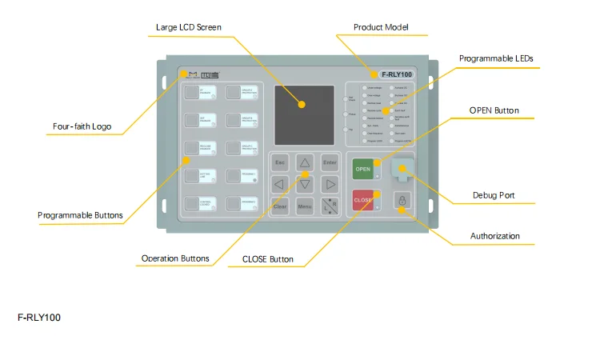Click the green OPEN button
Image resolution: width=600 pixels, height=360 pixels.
point(363,170)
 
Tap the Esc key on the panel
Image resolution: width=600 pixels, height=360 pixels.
point(280,162)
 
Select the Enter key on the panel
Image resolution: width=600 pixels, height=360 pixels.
point(330,162)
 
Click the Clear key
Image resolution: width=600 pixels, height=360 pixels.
point(280,206)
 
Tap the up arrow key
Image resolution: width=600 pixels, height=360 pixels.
point(305,162)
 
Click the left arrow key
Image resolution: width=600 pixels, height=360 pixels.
point(280,185)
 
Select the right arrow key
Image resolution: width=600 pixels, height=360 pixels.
point(330,185)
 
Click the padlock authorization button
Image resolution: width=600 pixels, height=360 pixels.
point(403,200)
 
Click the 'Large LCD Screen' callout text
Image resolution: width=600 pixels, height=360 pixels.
point(189,27)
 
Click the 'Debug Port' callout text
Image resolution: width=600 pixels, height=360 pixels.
point(496,196)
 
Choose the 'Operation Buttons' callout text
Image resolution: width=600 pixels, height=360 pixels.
point(175,258)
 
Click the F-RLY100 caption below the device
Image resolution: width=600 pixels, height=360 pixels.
point(39,318)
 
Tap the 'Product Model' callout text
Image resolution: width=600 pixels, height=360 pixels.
point(382,27)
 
